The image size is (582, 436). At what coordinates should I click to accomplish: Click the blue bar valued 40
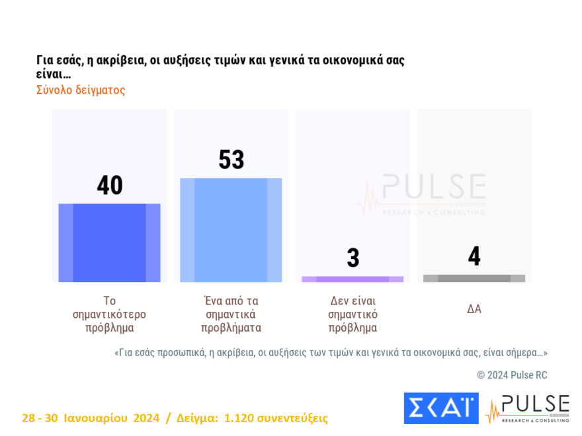click(x=109, y=242)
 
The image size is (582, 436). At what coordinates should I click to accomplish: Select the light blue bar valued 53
click(x=231, y=230)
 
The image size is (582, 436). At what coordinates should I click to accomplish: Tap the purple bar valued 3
click(x=353, y=279)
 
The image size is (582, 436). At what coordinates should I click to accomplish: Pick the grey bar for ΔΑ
click(x=474, y=278)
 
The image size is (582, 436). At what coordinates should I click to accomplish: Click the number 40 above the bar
click(x=110, y=186)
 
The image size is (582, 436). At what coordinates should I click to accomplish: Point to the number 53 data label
click(x=231, y=160)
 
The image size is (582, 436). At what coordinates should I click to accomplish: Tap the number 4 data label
click(x=474, y=256)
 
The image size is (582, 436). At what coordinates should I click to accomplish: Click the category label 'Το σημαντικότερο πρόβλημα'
click(x=109, y=314)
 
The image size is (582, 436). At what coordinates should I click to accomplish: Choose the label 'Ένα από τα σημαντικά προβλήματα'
click(x=231, y=314)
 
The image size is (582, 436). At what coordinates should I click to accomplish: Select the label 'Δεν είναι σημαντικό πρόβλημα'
click(x=353, y=314)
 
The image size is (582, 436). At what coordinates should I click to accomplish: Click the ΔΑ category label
click(x=474, y=309)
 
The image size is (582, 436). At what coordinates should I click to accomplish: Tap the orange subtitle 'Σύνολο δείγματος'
click(x=80, y=90)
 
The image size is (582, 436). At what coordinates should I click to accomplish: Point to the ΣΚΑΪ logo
click(x=440, y=408)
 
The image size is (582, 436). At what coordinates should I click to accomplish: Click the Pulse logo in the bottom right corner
click(x=527, y=409)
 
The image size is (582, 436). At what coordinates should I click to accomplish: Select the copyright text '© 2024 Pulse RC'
click(x=512, y=375)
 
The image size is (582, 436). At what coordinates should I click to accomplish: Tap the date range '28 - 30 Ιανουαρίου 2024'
click(x=91, y=418)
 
